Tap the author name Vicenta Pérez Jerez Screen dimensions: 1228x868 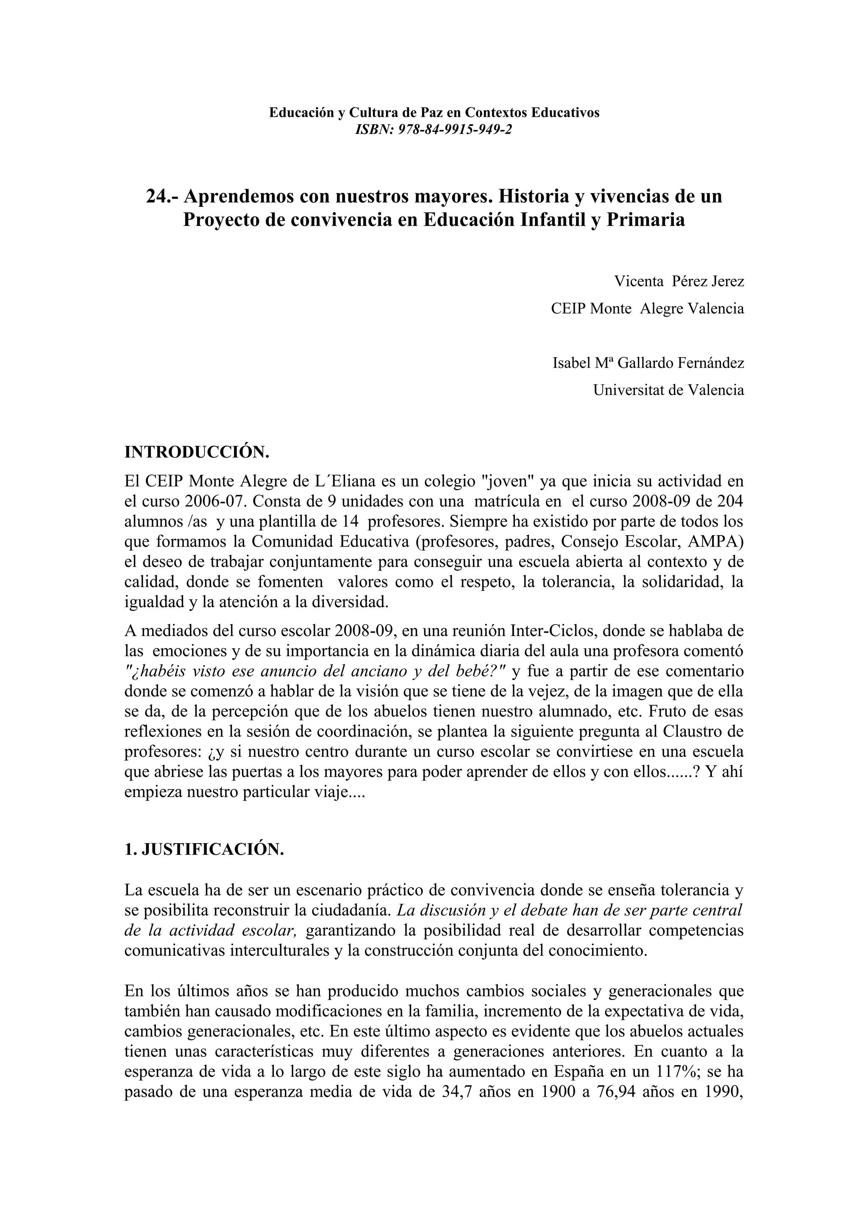pos(679,281)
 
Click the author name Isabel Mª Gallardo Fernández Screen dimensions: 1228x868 pos(648,363)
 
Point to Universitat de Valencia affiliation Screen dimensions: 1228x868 pos(668,390)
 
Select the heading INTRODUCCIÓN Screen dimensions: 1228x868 pos(196,453)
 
